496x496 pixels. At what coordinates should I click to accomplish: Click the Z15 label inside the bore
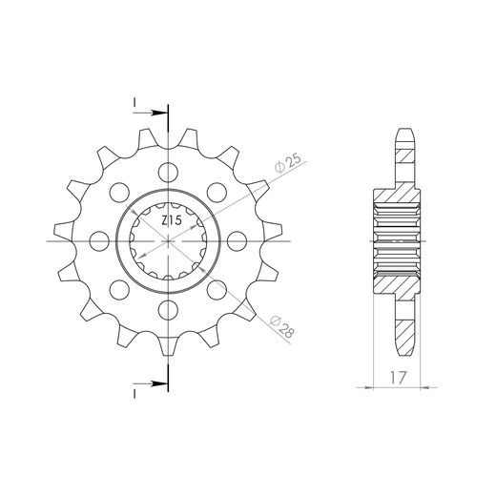(172, 220)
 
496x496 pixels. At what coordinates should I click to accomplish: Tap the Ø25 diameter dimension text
(288, 163)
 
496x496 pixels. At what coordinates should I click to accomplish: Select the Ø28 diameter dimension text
(281, 327)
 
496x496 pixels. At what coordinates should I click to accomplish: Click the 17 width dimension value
(398, 378)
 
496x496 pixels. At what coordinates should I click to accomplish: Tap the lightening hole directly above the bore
(168, 172)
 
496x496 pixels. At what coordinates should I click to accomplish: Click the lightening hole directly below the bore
(168, 310)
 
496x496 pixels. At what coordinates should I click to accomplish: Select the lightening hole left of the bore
(99, 241)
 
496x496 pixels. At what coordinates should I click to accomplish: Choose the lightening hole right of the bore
(238, 241)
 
